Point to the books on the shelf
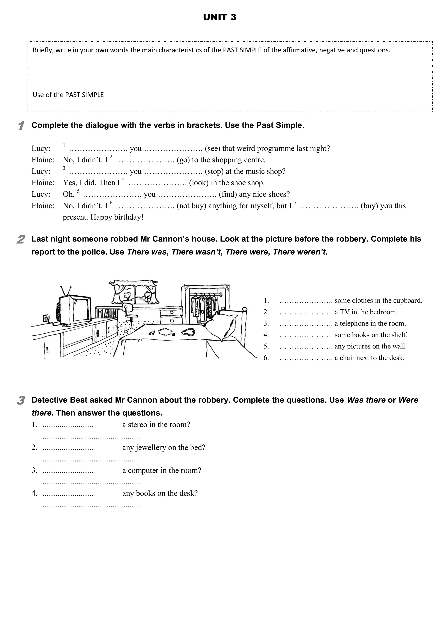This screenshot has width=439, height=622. tap(107, 313)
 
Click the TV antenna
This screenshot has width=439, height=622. tap(66, 291)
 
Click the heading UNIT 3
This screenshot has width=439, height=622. tap(219, 17)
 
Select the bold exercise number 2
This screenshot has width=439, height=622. tap(21, 239)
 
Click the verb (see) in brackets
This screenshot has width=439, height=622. tap(212, 148)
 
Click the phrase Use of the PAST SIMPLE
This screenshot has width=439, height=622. tap(68, 95)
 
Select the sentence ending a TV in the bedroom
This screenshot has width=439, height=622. tap(366, 312)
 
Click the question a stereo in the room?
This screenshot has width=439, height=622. tap(156, 424)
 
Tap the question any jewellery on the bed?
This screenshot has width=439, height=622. tap(164, 447)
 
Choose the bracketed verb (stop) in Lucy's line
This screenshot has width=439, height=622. tap(213, 172)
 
